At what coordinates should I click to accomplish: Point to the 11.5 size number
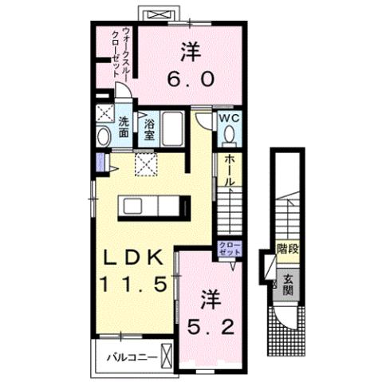pyautogui.click(x=133, y=283)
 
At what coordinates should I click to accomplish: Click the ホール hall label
pyautogui.click(x=229, y=171)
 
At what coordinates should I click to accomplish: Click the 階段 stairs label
pyautogui.click(x=288, y=250)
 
